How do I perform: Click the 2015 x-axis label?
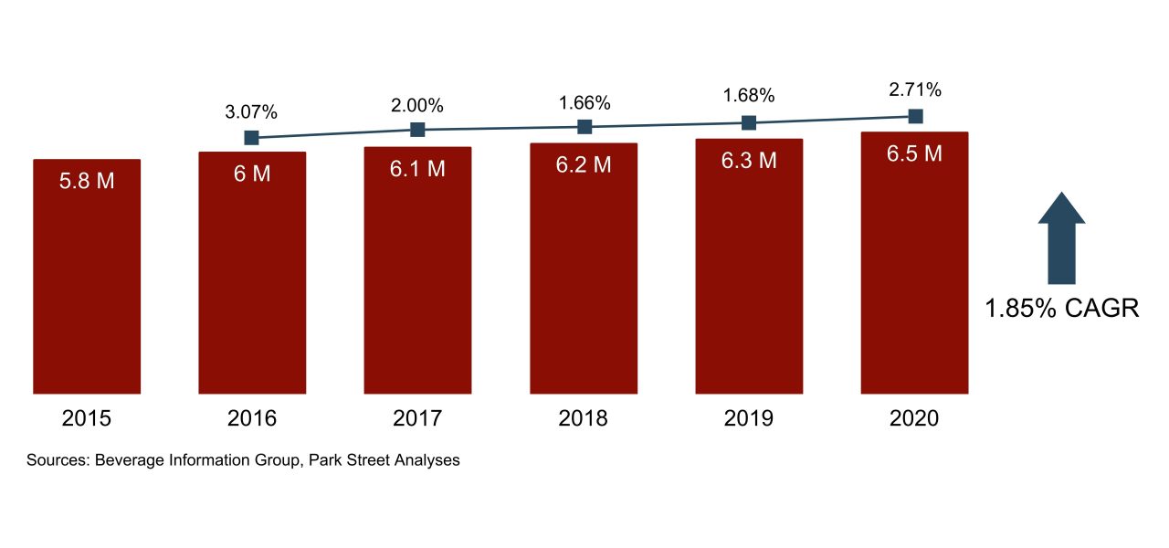pos(87,419)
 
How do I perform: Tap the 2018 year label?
pos(583,419)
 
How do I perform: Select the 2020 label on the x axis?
pos(914,419)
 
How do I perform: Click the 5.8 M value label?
pos(87,181)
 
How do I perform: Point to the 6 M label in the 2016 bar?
pos(252,174)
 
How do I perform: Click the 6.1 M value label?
pos(417,169)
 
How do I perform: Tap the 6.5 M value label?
pos(914,154)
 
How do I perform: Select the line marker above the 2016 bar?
pos(252,138)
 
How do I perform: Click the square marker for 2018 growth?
pos(584,127)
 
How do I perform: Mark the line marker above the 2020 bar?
pos(915,116)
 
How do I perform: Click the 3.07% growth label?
pos(251,112)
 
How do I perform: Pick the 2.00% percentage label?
pos(417,105)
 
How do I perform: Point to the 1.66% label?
pos(584,101)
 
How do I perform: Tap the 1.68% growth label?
pos(749,96)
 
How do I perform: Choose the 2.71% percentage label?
pos(915,90)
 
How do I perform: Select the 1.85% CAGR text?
pos(1061,309)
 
